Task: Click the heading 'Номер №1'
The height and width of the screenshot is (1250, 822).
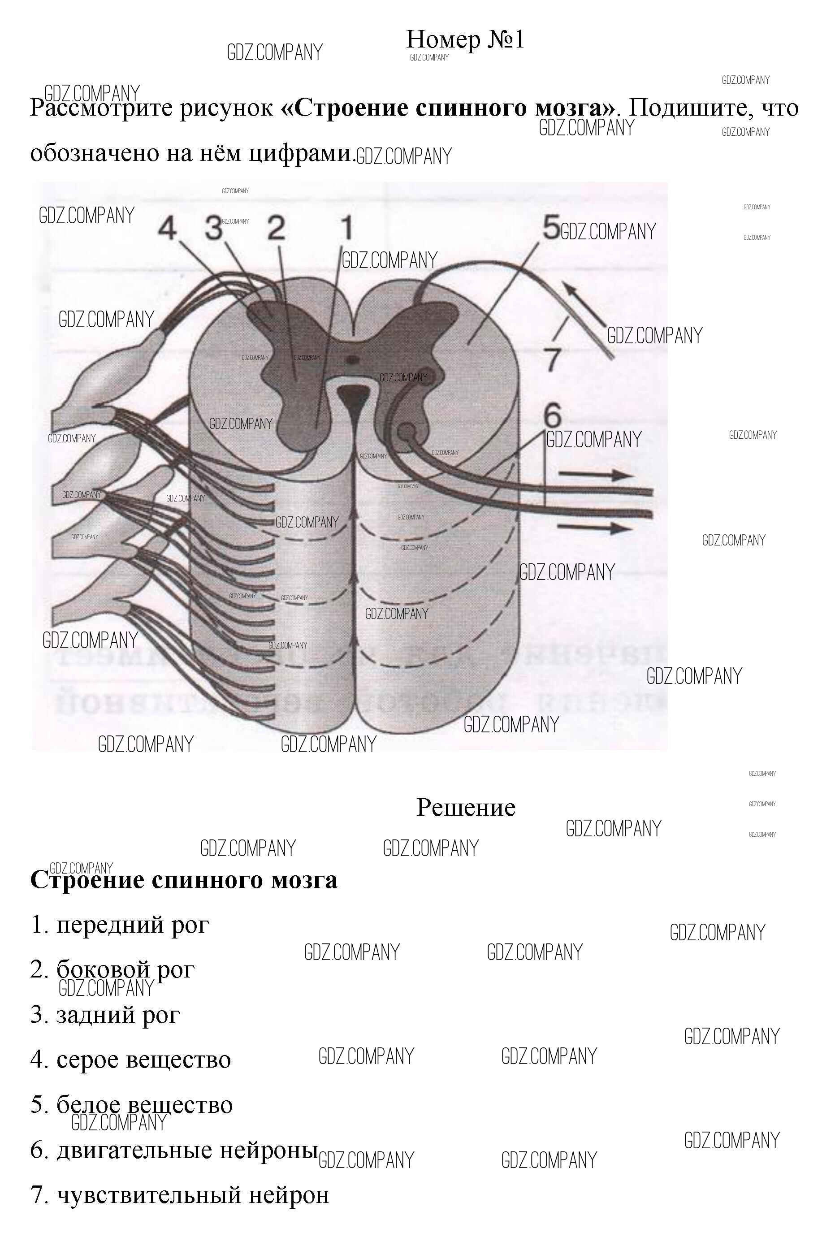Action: point(465,39)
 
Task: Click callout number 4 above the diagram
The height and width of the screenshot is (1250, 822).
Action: point(168,229)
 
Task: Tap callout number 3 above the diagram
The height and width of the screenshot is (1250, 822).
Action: point(214,228)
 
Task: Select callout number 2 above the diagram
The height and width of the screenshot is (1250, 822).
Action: point(276,228)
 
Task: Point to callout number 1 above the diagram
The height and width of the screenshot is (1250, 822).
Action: point(346,228)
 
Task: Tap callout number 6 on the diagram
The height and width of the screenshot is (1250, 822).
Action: point(552,415)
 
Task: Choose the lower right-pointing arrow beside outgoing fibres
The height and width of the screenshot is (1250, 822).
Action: point(595,528)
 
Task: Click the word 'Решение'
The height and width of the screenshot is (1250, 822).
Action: point(466,808)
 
